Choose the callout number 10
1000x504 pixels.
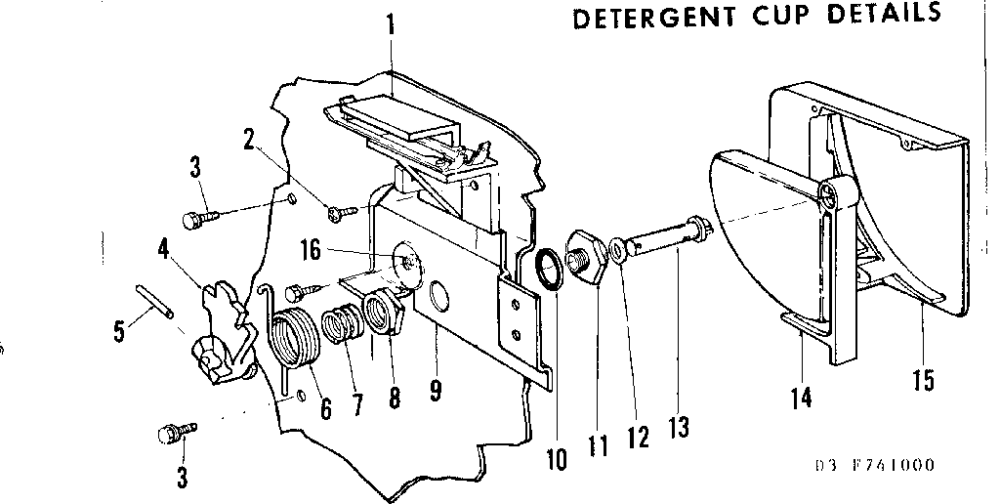(x=557, y=457)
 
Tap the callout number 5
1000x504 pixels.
(x=119, y=332)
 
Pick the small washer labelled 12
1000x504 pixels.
(x=618, y=249)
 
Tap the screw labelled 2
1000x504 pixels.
(x=340, y=208)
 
